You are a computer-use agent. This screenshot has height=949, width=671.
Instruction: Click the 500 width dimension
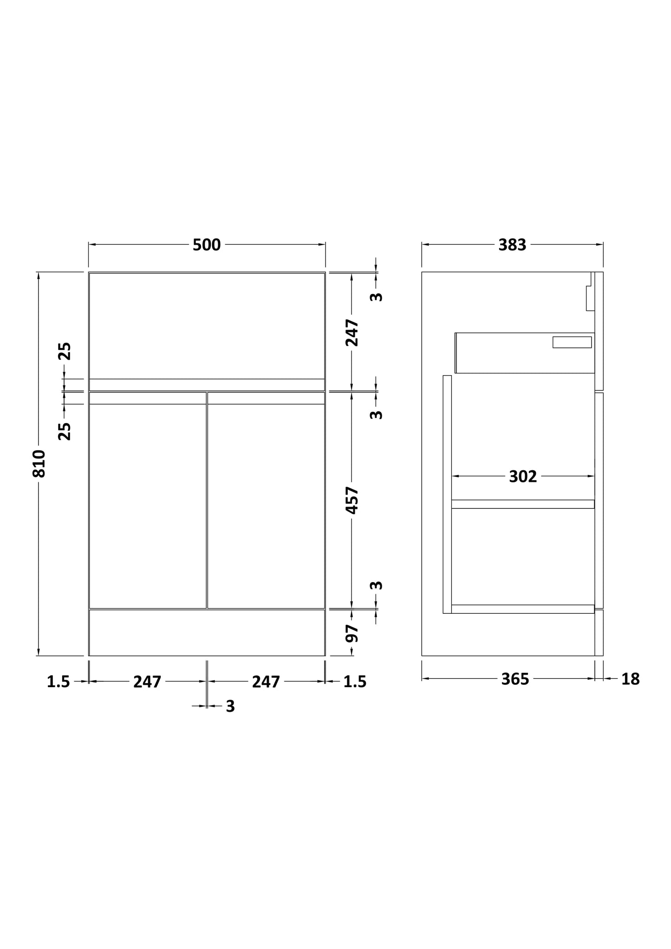click(x=207, y=245)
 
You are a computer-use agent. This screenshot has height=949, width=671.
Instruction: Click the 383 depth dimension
click(x=512, y=245)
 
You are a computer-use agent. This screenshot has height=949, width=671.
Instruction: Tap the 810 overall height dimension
click(x=39, y=463)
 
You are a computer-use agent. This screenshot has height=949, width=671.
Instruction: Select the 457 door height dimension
click(x=352, y=500)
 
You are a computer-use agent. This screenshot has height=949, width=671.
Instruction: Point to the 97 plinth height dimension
click(x=352, y=633)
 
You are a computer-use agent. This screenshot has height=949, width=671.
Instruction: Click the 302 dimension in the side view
click(x=523, y=476)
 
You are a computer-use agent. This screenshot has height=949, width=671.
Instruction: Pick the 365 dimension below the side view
click(x=515, y=679)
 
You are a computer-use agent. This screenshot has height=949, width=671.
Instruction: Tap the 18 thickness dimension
click(x=630, y=679)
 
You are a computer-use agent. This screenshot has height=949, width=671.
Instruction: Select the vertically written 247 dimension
click(x=352, y=332)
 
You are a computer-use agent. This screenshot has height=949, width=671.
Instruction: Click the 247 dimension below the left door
click(x=147, y=682)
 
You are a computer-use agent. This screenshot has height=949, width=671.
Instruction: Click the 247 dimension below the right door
click(x=266, y=682)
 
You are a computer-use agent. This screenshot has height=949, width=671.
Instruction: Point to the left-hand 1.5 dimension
click(x=59, y=682)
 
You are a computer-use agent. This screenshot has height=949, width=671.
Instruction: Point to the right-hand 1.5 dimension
click(x=355, y=682)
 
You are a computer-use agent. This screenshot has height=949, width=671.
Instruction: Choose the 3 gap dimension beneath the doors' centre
click(x=230, y=706)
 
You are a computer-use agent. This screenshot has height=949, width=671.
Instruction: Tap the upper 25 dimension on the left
click(x=65, y=351)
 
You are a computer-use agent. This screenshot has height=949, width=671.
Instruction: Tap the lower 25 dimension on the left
click(x=65, y=431)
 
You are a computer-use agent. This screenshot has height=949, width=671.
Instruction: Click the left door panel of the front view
click(x=148, y=506)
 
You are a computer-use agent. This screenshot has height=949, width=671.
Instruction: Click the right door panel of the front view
click(x=266, y=506)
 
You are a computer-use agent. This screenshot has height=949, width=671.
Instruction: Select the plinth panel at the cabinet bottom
click(x=207, y=632)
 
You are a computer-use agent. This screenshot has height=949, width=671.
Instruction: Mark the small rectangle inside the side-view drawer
click(x=572, y=342)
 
